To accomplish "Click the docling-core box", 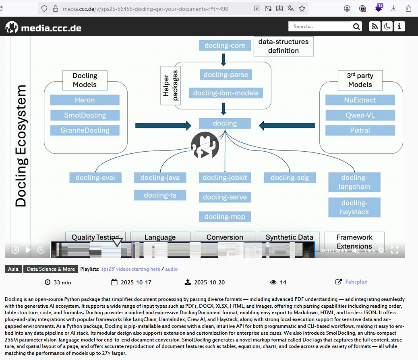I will [224, 45].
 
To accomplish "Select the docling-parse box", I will [226, 74].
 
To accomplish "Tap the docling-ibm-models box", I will [226, 93].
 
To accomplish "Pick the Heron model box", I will [85, 100].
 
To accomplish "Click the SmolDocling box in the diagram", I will [85, 115].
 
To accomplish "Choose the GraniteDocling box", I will [85, 130].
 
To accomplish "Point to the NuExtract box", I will [360, 100].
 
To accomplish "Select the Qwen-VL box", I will [360, 115].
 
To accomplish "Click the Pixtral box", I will [360, 130].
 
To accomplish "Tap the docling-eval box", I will [95, 178].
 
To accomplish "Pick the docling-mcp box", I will [225, 217].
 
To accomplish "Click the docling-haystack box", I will [354, 207].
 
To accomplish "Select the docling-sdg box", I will [290, 178].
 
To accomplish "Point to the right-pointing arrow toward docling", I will [163, 125].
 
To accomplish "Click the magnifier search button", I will [356, 27].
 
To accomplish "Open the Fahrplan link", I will [356, 282].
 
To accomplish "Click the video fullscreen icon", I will [395, 250].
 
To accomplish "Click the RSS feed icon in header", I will [375, 27].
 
